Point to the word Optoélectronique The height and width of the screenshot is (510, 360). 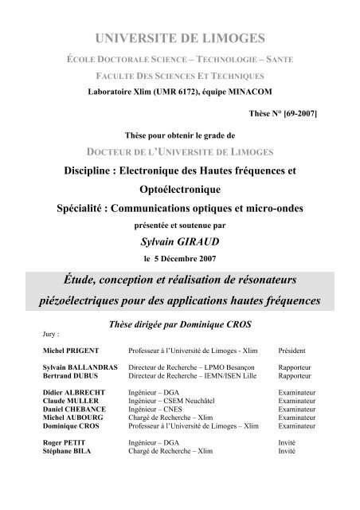pyautogui.click(x=179, y=188)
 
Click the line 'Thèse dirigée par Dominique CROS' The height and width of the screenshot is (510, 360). pyautogui.click(x=180, y=324)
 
